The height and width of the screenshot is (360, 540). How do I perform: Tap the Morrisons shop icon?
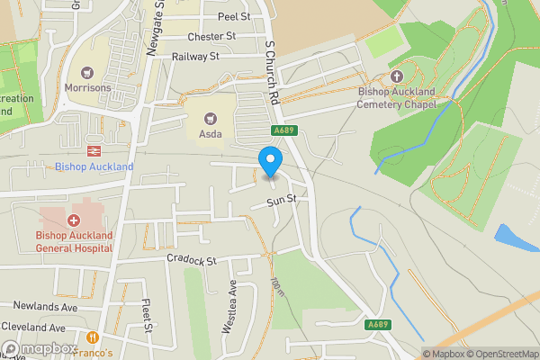point(87,72)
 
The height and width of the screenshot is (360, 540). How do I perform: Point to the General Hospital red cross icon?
point(74,220)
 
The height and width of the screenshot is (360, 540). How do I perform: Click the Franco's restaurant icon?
point(93,337)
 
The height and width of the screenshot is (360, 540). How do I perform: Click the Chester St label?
point(211,37)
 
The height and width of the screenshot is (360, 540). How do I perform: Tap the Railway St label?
point(196,56)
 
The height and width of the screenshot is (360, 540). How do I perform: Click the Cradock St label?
point(192,261)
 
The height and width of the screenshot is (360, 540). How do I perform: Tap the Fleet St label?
point(147,313)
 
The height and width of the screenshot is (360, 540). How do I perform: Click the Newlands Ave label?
point(40,307)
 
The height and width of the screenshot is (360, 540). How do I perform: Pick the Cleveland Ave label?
point(33,328)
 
